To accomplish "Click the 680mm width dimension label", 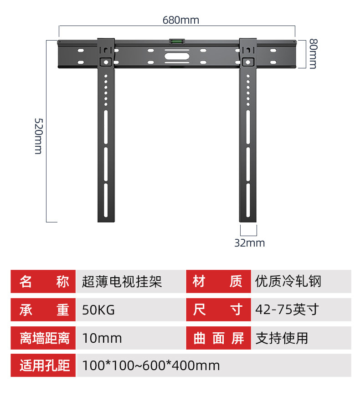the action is [181, 21].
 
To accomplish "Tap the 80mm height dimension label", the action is [312, 53].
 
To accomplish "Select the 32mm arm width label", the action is [249, 243].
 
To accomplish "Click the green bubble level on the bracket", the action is [176, 42].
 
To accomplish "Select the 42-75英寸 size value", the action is [287, 310].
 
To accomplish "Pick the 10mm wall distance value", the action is [102, 338].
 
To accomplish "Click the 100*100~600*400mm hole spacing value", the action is [151, 366].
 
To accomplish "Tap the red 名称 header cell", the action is [44, 282].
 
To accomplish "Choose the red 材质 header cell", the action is [218, 282].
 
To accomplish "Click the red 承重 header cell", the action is [44, 310].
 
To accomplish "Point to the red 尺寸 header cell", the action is [218, 310].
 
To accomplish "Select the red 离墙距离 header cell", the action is [44, 338].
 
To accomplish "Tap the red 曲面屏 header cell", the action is [218, 338].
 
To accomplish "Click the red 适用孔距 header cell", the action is [44, 366].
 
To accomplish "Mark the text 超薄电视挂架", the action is [122, 282].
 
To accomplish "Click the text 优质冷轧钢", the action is [288, 282].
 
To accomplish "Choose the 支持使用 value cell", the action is [282, 338].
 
